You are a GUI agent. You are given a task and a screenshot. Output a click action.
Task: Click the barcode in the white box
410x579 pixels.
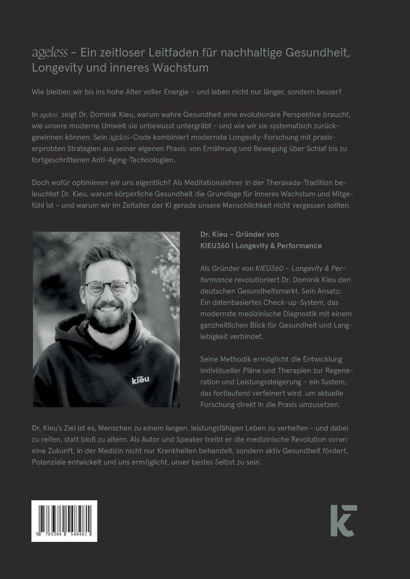coord(64,517)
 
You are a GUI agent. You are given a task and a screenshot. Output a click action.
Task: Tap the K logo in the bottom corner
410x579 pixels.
coord(344,520)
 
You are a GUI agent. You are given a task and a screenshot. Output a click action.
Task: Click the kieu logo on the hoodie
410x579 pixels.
coord(140,380)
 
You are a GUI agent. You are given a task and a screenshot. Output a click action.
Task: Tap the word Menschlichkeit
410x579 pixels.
coord(256,205)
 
